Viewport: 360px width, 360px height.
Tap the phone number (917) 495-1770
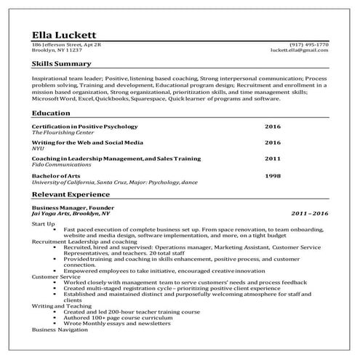point(309,44)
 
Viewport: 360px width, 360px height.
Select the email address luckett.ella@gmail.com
point(299,51)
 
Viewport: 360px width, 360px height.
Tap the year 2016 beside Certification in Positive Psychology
point(272,127)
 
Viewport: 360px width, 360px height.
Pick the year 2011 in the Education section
point(272,159)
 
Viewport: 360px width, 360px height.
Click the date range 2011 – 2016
point(309,215)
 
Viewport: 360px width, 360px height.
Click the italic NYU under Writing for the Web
point(37,148)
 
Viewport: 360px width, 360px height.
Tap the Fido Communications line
point(60,165)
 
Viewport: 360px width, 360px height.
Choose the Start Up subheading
point(43,223)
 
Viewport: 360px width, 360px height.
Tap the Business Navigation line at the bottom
point(62,329)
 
